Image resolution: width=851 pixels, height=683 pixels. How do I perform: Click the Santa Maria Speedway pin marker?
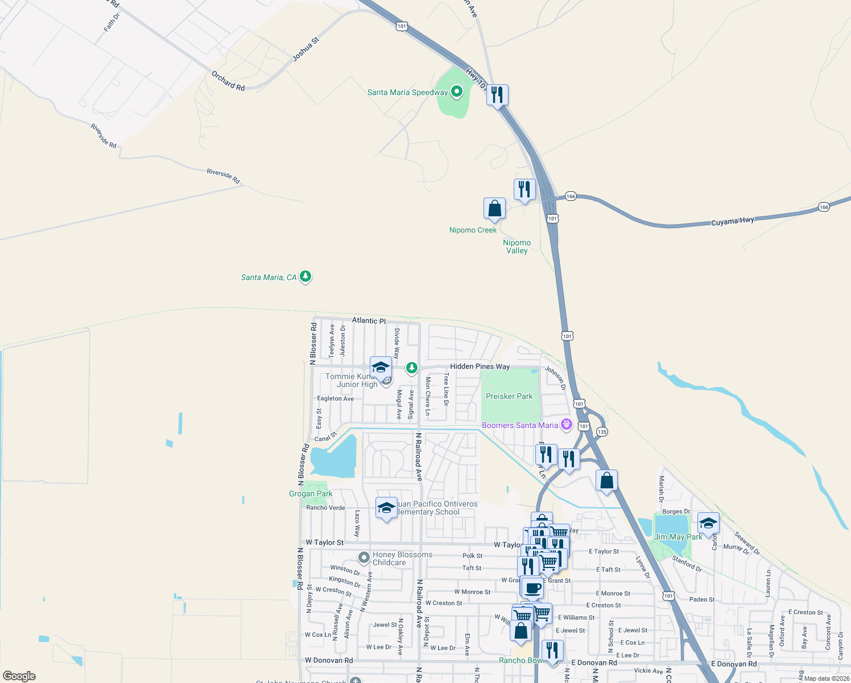(456, 91)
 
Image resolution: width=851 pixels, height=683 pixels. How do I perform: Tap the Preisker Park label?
(509, 396)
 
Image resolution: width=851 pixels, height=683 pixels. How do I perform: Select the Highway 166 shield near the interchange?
(571, 196)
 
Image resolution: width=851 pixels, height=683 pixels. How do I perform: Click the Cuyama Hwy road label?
(733, 221)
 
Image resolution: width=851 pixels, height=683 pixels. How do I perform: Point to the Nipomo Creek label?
(473, 230)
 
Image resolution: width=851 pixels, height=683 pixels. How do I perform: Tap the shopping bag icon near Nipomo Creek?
(495, 209)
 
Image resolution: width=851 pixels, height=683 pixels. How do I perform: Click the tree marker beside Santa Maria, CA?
(305, 277)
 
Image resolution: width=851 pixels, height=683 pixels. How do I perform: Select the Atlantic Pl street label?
(369, 320)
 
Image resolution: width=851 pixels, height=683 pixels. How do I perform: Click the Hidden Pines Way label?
(480, 367)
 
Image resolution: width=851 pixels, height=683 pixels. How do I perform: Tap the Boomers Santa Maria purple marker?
(566, 425)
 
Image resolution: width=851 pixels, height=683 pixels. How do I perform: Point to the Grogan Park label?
(311, 493)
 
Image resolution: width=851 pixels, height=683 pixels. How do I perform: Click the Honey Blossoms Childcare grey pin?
(364, 557)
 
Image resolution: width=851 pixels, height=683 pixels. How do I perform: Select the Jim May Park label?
(678, 537)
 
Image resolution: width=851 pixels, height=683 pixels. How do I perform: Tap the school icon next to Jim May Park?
(708, 522)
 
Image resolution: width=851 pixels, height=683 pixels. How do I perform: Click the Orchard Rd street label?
(228, 81)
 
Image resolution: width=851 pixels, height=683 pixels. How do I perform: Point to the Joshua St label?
(306, 50)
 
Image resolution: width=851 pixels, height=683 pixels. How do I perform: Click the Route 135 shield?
(602, 431)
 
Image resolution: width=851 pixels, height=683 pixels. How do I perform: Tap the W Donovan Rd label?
(329, 660)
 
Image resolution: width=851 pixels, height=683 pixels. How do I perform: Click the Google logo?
(19, 676)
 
